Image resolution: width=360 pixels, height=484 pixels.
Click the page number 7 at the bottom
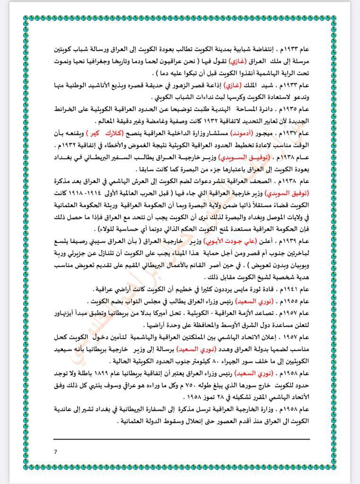click(x=56, y=452)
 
